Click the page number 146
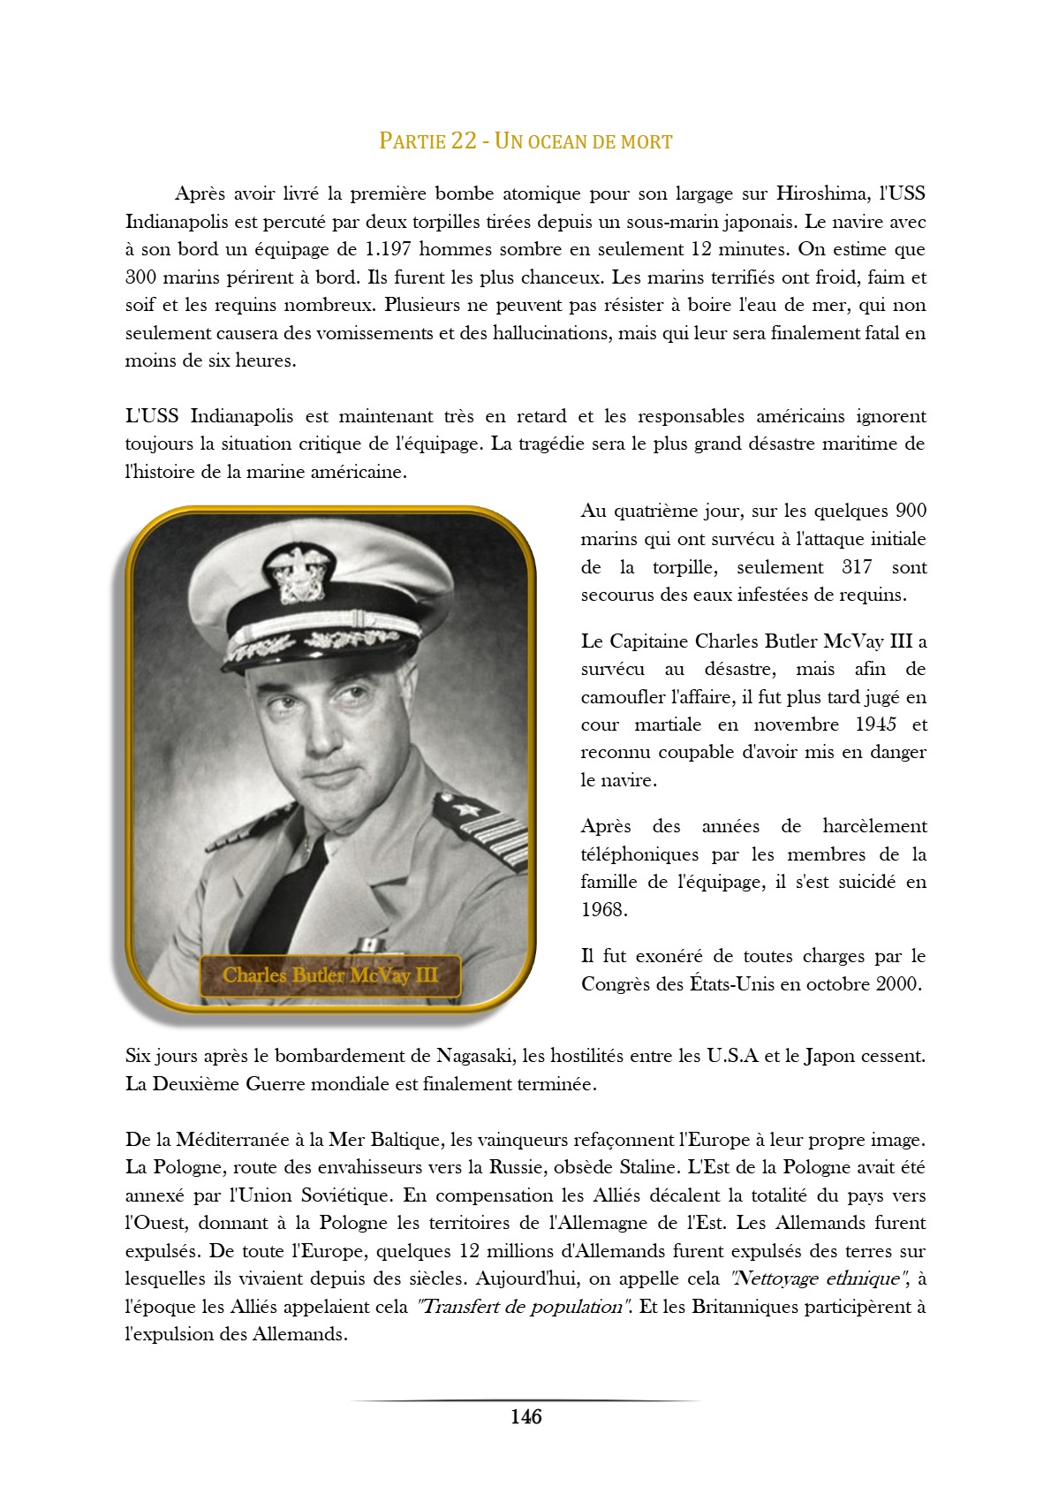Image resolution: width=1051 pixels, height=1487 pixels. coord(525,1417)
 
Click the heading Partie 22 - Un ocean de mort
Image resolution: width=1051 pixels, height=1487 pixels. coord(525,141)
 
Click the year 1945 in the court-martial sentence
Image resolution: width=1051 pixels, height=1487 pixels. coord(875,725)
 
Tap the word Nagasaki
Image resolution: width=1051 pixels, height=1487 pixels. coord(475,1056)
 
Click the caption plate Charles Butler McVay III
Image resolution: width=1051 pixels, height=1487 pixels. coord(330,975)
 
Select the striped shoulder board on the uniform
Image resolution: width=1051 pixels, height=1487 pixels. coord(486,831)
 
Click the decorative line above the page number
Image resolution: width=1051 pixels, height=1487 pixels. coord(525,1400)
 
